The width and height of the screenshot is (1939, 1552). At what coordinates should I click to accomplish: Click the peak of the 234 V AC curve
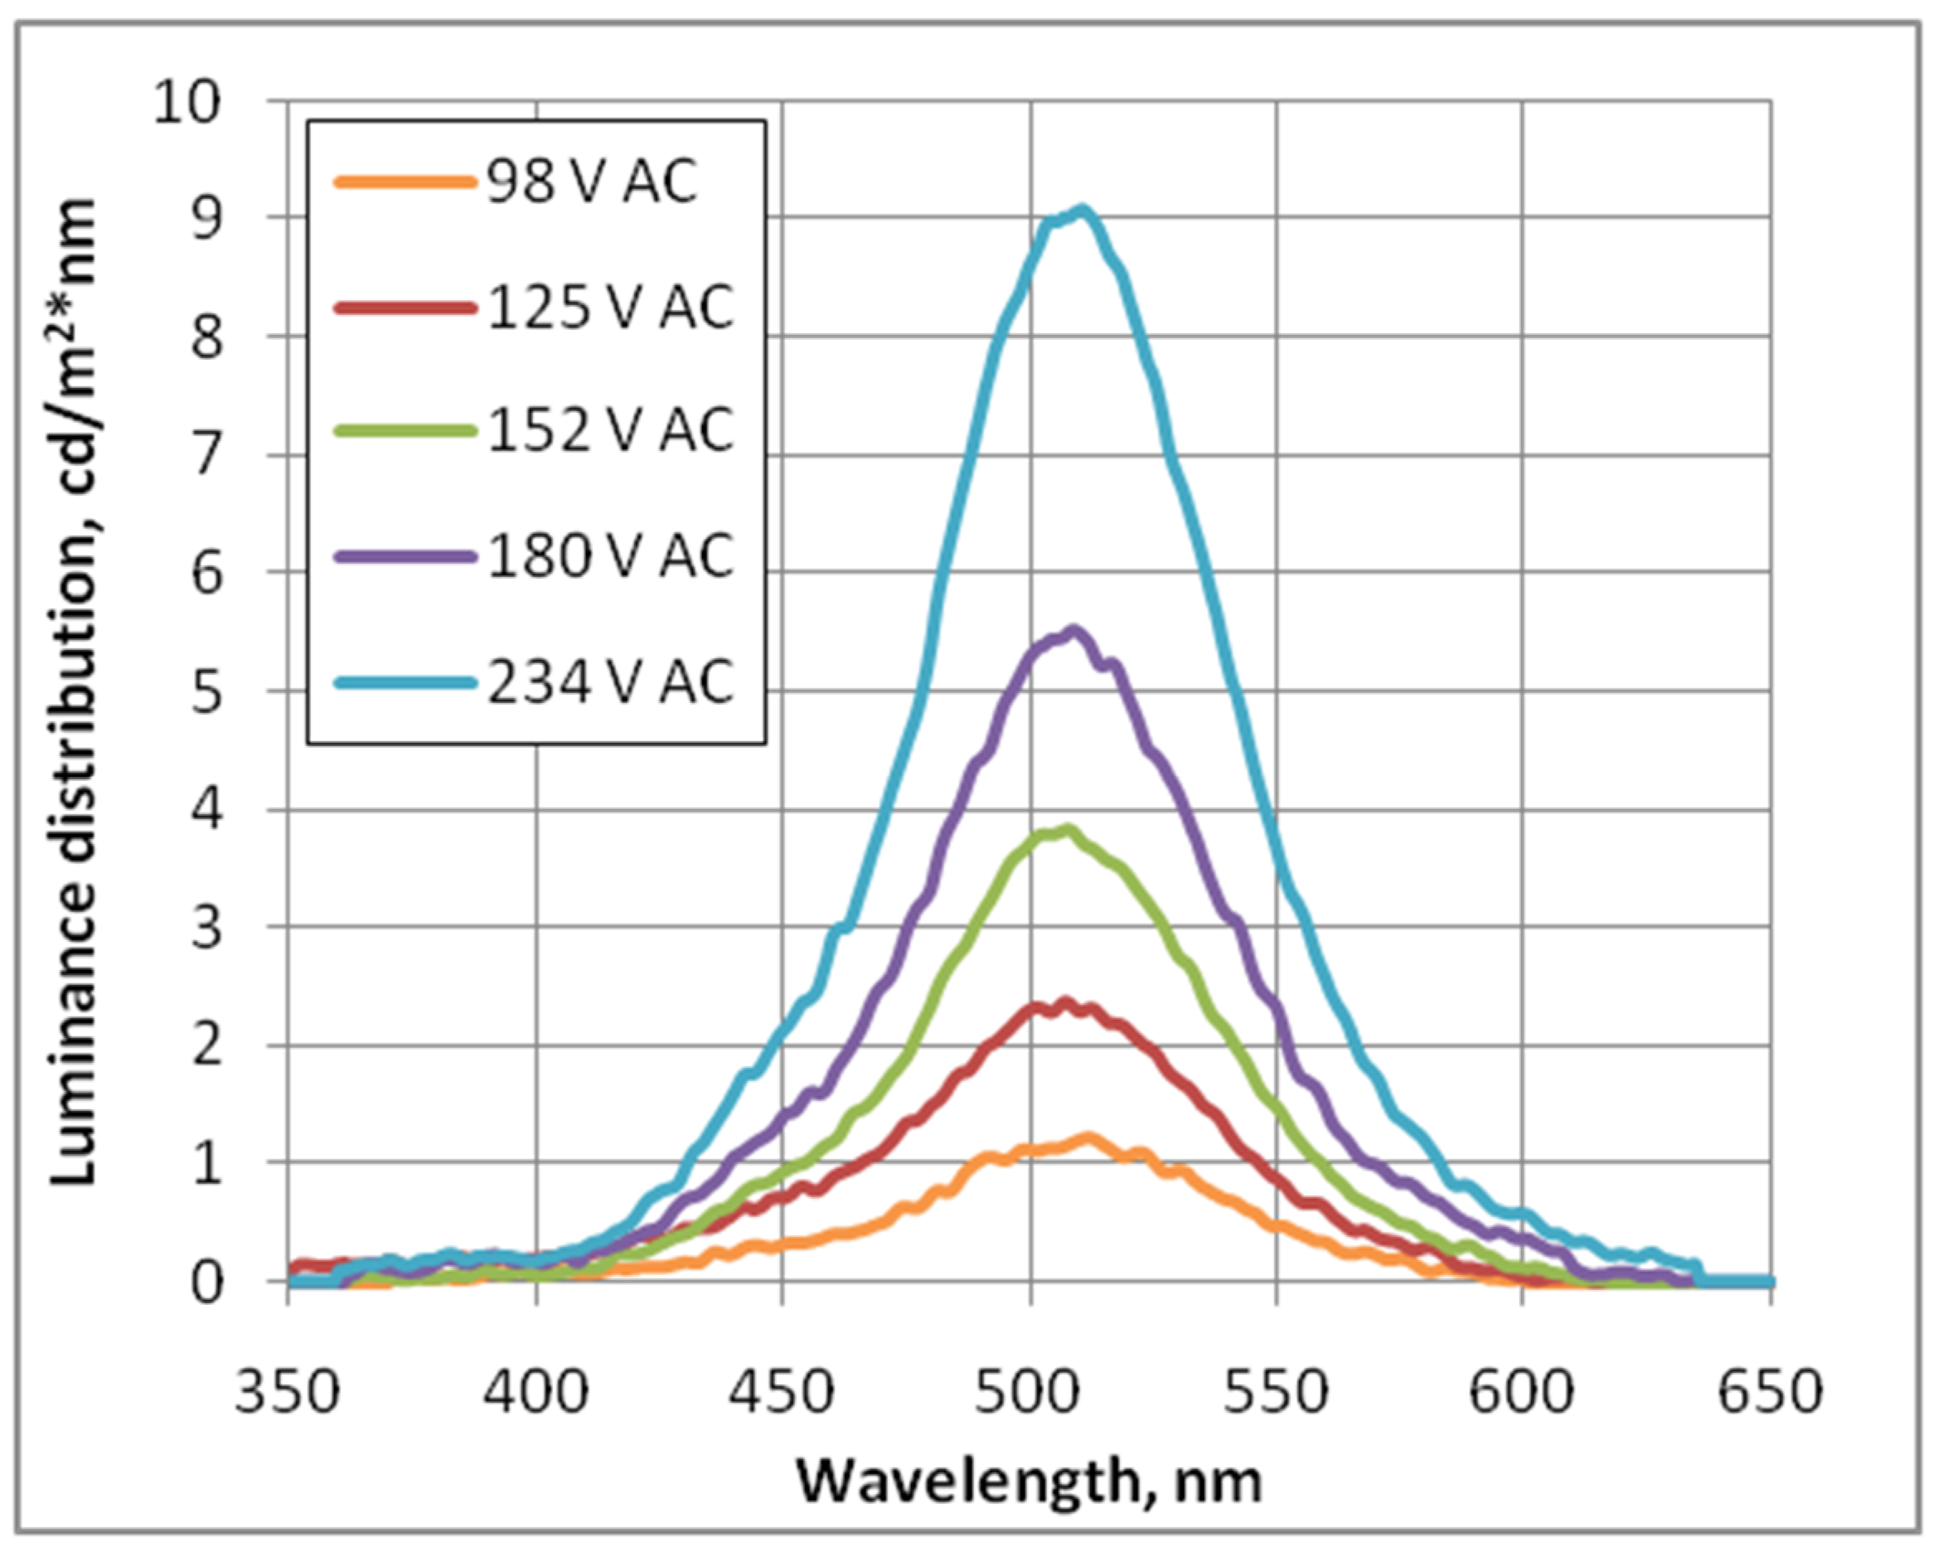(x=1083, y=212)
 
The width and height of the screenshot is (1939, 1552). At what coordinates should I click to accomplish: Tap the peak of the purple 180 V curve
(x=1072, y=631)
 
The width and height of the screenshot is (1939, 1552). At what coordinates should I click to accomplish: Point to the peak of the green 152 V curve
(x=1069, y=829)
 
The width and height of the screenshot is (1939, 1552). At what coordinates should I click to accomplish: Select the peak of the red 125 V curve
(x=1067, y=1002)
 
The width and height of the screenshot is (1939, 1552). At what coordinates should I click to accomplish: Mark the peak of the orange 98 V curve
(x=1088, y=1138)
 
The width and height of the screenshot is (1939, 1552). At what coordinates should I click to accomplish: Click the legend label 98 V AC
(x=592, y=182)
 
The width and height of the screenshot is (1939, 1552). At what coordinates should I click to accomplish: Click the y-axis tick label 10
(x=187, y=102)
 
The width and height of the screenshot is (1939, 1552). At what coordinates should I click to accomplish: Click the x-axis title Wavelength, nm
(x=1030, y=1481)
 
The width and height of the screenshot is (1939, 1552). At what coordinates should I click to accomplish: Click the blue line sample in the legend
(x=405, y=683)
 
